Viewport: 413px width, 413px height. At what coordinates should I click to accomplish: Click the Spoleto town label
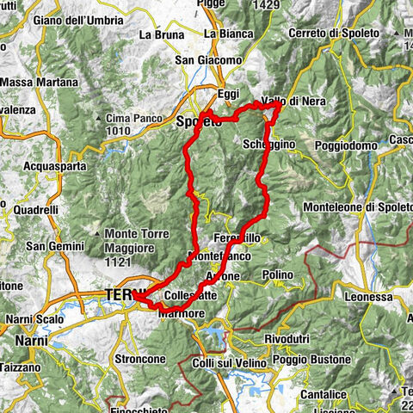(x=198, y=122)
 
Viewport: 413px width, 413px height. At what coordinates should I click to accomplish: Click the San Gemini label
(x=51, y=246)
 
